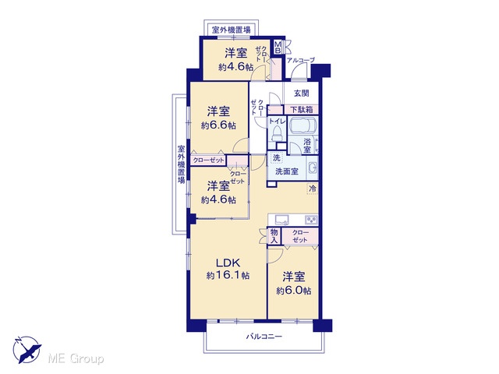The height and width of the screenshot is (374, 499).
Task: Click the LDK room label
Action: click(228, 263)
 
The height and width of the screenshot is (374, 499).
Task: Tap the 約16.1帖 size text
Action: click(228, 275)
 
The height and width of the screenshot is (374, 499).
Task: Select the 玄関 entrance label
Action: click(301, 93)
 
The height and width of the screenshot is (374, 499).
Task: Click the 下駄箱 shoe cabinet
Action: click(301, 110)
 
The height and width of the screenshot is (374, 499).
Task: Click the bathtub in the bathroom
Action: click(303, 125)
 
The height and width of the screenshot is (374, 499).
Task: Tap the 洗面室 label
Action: click(287, 171)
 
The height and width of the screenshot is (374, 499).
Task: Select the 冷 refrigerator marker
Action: click(313, 189)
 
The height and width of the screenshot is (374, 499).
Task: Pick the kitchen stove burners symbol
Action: click(311, 220)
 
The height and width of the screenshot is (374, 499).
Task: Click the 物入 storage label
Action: click(274, 236)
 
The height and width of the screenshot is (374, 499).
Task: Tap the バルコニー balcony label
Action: click(264, 337)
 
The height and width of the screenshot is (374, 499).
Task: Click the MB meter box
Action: click(278, 47)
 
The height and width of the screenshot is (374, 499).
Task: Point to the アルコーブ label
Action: click(300, 60)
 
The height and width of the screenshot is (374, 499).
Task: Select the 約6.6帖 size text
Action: click(218, 125)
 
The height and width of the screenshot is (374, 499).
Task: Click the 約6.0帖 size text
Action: click(294, 291)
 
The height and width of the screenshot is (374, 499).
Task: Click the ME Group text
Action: click(76, 359)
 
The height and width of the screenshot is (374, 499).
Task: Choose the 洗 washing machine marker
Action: click(277, 157)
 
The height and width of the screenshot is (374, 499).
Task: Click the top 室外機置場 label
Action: click(231, 30)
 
